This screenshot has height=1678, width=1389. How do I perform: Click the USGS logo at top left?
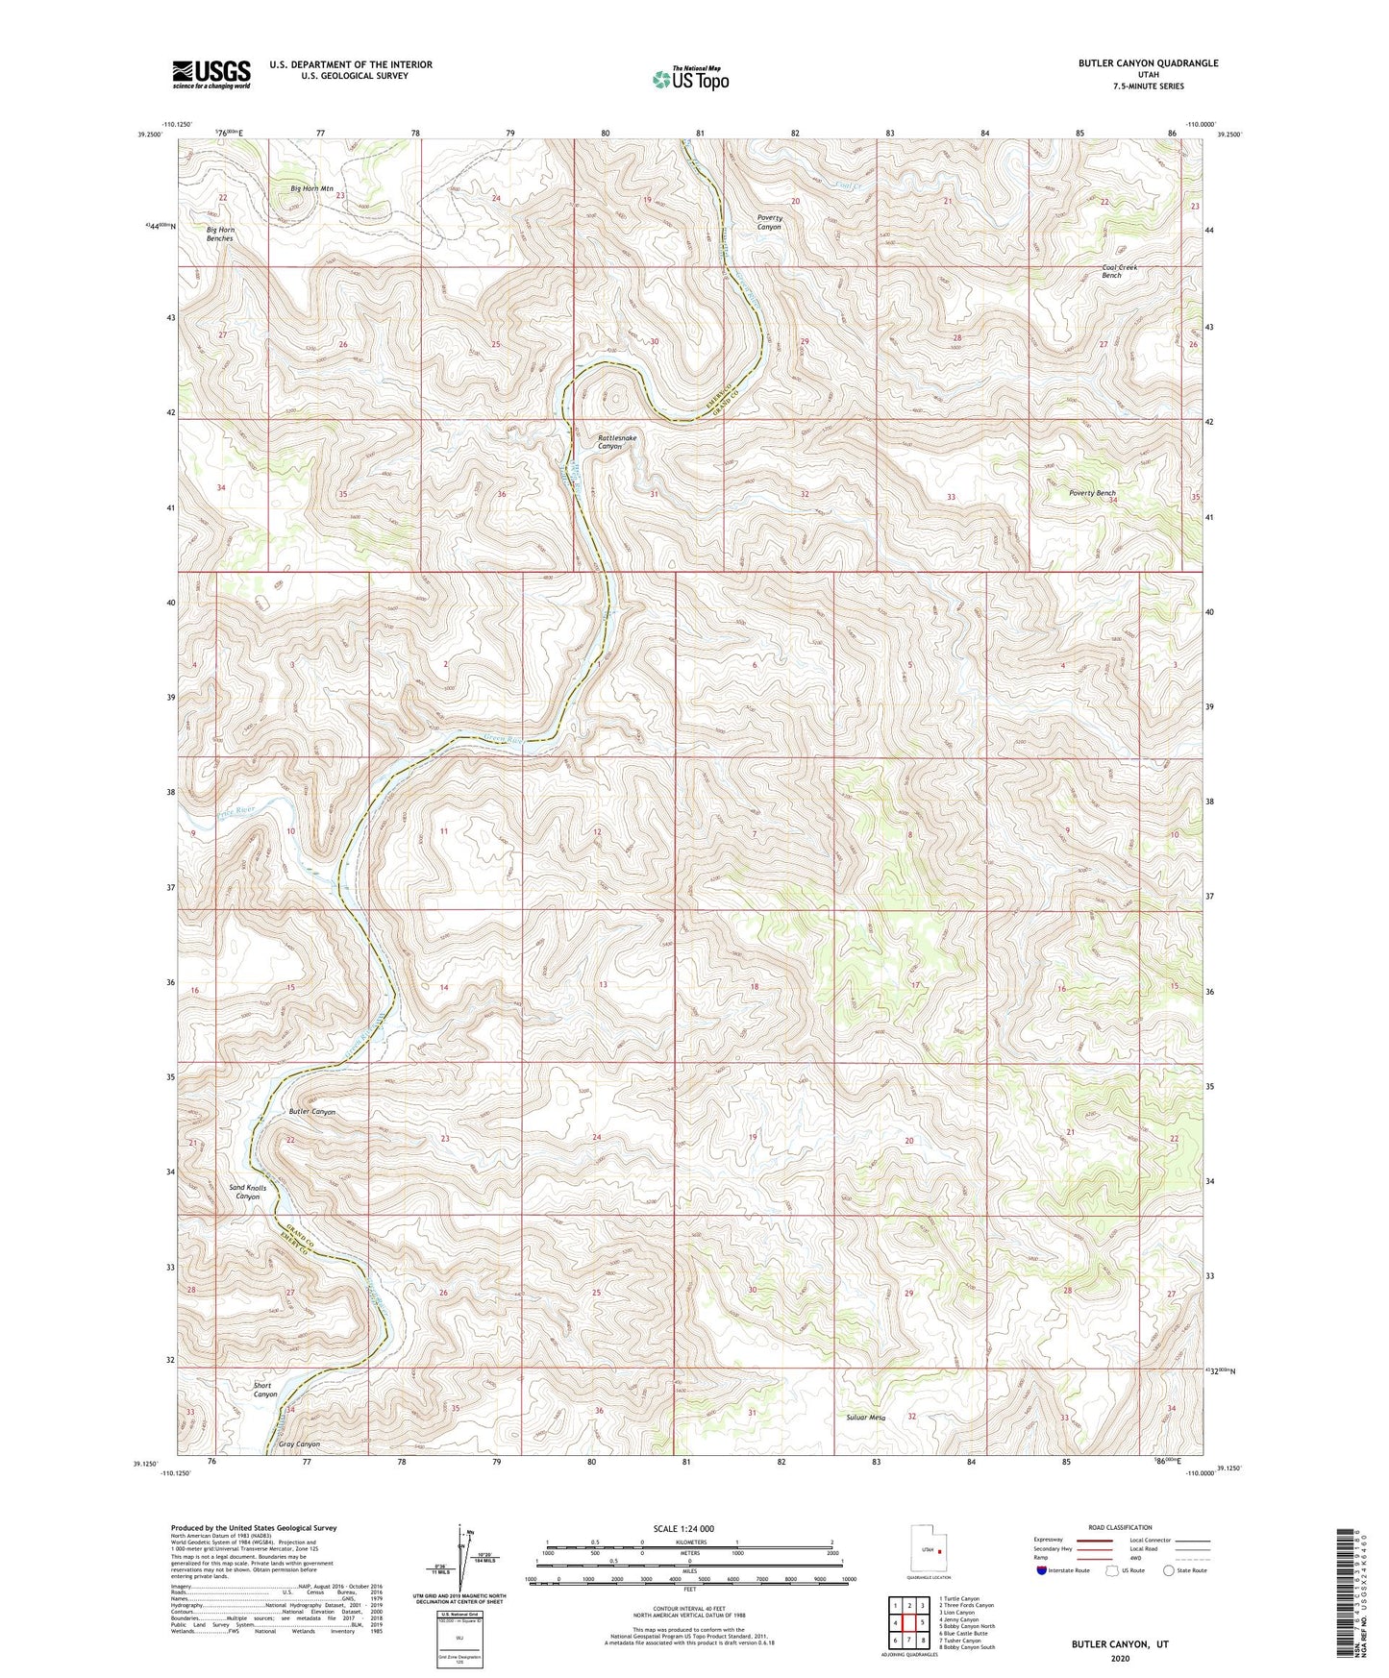pos(211,74)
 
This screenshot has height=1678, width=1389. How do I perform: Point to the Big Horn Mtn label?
pos(311,188)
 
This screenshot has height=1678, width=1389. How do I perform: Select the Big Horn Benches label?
pos(219,234)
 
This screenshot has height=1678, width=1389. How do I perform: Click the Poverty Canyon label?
pos(769,222)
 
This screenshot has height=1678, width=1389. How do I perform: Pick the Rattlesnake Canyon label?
pos(616,442)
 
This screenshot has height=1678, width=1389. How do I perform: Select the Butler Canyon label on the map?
pos(312,1111)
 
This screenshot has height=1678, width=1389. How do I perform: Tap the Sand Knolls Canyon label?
pos(248,1192)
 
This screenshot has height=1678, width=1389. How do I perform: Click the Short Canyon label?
pos(264,1390)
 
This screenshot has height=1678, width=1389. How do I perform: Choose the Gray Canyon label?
pos(299,1444)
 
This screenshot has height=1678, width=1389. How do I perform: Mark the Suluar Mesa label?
pos(865,1417)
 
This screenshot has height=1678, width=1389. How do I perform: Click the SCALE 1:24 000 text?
pos(683,1528)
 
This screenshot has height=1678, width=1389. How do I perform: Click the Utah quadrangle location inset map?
pos(929,1551)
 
